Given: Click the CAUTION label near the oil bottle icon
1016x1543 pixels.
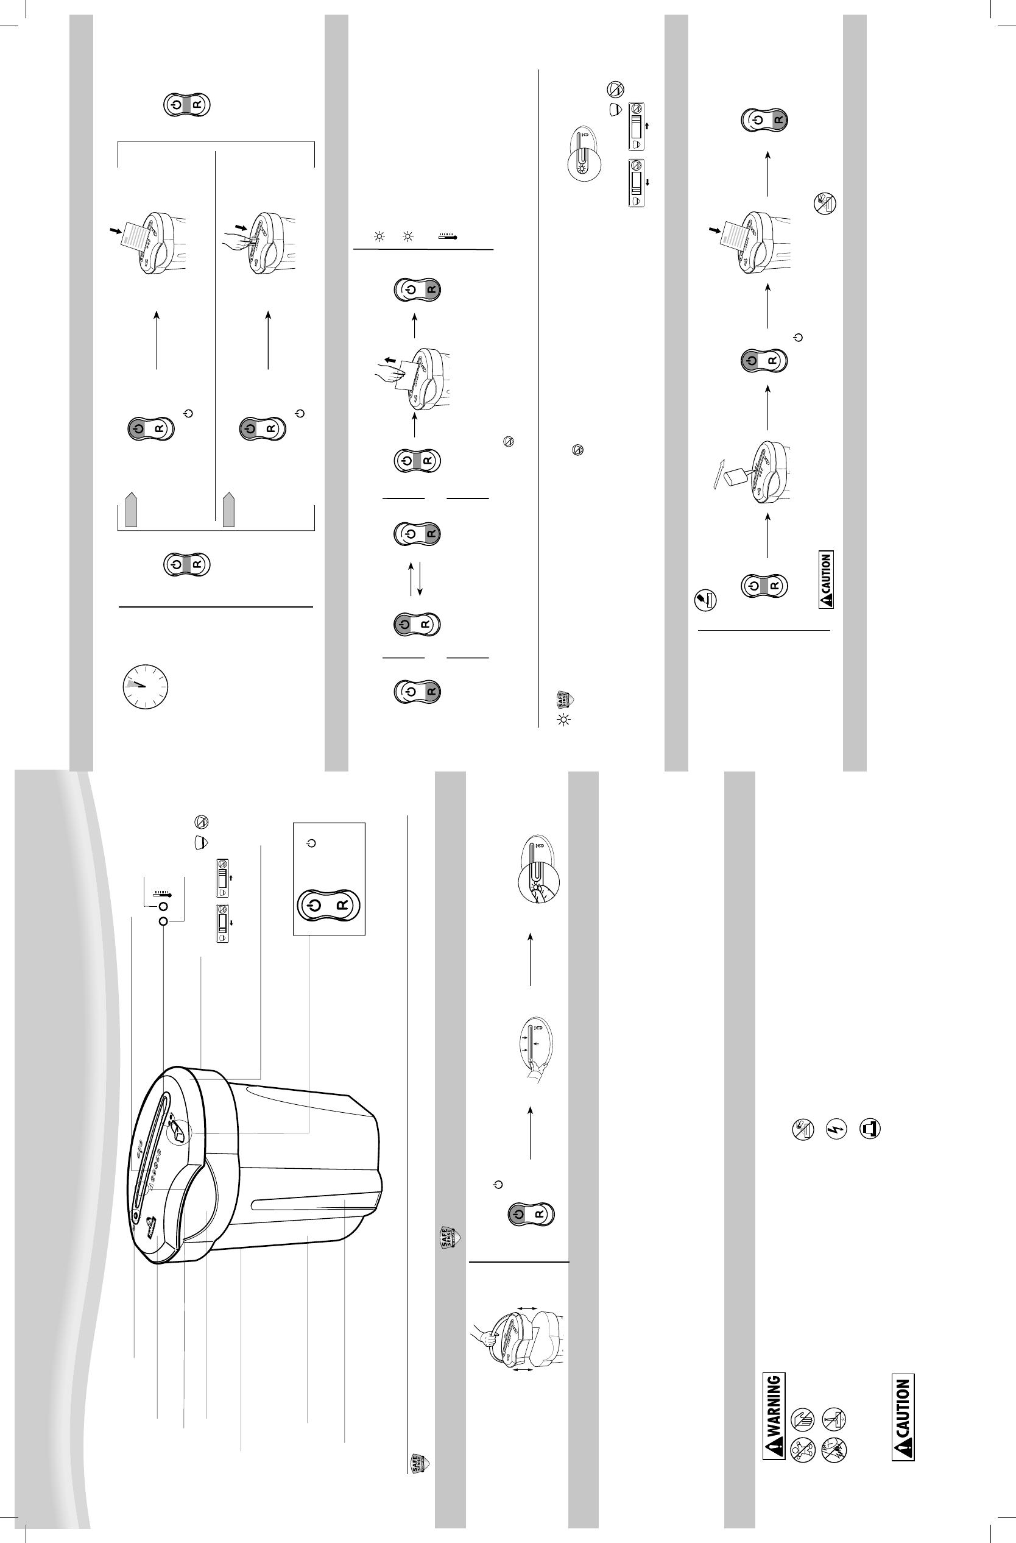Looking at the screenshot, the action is tap(827, 580).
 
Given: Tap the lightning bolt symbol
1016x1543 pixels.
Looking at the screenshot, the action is tap(836, 1129).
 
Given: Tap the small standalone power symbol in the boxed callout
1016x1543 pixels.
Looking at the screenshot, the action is tap(312, 843).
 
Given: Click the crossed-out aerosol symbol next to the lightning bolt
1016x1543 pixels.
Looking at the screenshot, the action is tap(803, 1129).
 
